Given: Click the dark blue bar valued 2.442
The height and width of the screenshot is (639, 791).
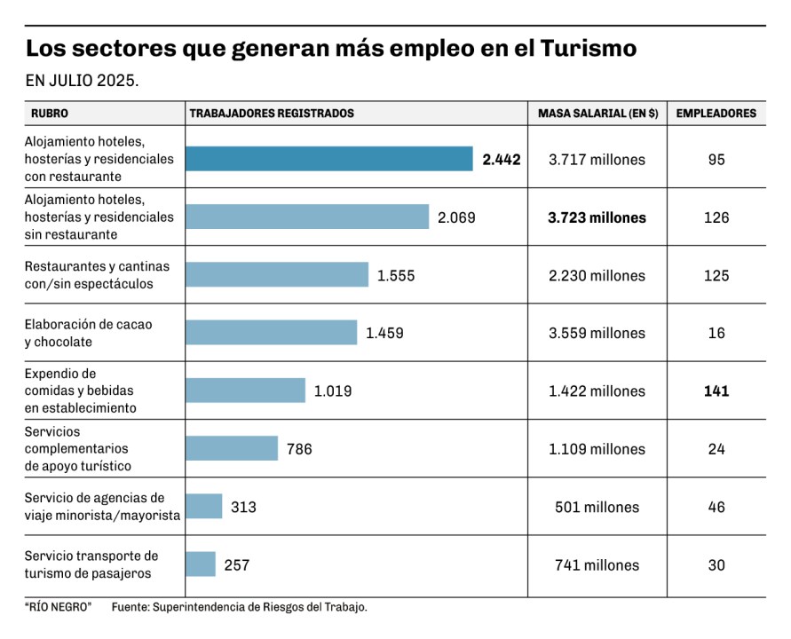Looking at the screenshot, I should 328,159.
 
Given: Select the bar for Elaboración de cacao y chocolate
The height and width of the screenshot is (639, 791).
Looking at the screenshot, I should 271,333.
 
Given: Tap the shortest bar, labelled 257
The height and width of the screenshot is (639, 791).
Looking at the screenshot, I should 201,564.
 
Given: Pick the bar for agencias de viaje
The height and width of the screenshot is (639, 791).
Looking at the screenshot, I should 203,507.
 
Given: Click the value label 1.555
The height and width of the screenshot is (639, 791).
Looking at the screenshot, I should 396,275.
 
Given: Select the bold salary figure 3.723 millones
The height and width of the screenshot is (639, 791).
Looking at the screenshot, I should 597,217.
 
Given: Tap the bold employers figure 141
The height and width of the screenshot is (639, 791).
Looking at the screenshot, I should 716,390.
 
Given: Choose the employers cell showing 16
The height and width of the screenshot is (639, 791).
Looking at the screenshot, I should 716,333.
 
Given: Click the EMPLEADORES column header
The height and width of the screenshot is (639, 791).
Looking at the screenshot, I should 716,114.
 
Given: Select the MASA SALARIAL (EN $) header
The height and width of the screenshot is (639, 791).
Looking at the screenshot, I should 597,114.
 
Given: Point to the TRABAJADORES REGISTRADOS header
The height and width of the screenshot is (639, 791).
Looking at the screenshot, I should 272,114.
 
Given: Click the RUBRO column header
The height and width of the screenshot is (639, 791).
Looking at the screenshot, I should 50,114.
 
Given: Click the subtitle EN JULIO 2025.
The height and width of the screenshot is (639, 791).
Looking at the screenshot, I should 82,82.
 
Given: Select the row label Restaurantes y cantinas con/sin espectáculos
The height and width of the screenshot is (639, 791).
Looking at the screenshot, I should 97,275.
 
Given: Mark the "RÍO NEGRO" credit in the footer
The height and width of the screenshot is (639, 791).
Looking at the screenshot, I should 58,607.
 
